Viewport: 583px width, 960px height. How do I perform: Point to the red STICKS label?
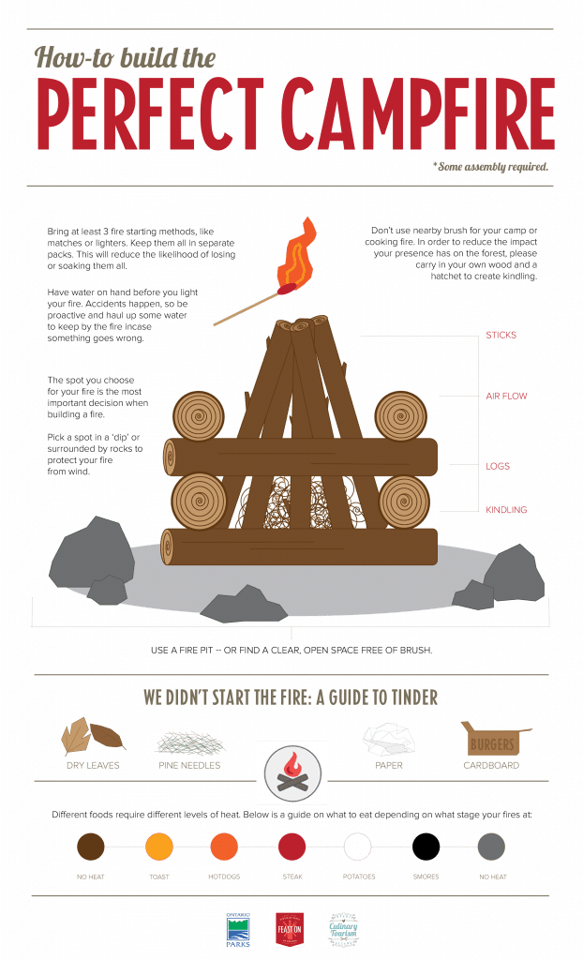(x=501, y=335)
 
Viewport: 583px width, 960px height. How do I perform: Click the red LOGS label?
(x=498, y=465)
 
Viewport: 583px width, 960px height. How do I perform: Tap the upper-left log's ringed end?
(x=199, y=415)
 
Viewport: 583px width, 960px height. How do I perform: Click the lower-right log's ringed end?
(x=404, y=501)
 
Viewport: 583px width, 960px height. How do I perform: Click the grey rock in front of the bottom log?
(x=243, y=605)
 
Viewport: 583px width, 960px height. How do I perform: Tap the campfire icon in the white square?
(x=291, y=772)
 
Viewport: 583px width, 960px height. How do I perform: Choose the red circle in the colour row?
(x=292, y=847)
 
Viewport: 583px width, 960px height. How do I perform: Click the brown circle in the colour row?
(x=91, y=847)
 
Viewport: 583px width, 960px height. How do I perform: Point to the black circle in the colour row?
(x=426, y=847)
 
